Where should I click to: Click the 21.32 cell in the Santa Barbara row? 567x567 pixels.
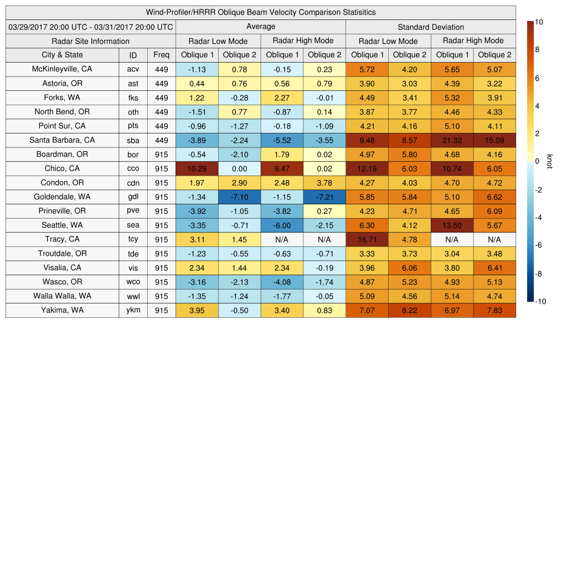[x=452, y=141]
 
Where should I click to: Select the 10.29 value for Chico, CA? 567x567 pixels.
[x=197, y=169]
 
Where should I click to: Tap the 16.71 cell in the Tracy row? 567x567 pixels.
[x=367, y=240]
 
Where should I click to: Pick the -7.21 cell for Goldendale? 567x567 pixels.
[x=324, y=197]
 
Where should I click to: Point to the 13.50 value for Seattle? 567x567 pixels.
[x=452, y=225]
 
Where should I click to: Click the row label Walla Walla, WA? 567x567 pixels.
[x=62, y=296]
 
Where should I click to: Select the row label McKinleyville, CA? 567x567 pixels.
[x=62, y=70]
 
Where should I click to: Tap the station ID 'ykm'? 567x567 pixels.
[x=133, y=310]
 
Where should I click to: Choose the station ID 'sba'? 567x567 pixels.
[x=133, y=141]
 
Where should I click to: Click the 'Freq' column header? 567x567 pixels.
[x=161, y=55]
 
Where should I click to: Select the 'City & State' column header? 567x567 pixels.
[x=62, y=55]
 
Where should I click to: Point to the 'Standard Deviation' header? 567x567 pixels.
[x=431, y=27]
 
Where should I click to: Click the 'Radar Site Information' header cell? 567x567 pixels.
[x=90, y=41]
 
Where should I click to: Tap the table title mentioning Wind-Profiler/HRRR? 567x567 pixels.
[x=261, y=12]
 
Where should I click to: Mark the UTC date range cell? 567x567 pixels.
[x=90, y=27]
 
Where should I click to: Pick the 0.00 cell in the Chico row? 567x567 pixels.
[x=239, y=169]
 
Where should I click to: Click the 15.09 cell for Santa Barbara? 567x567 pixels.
[x=494, y=141]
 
